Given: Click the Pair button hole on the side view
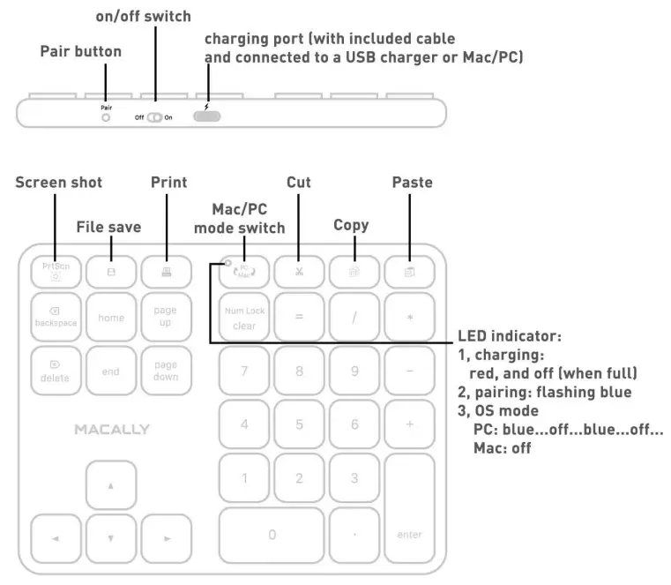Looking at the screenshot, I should click(106, 116).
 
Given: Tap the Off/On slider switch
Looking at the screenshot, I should click(154, 116).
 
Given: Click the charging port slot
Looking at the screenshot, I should click(206, 116).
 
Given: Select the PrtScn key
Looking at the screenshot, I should click(56, 271).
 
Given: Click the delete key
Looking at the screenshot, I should click(56, 371).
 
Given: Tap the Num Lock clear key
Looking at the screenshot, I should click(244, 318).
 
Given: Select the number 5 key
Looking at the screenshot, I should click(299, 424).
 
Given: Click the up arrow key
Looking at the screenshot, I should click(111, 486).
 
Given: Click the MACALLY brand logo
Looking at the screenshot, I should click(112, 430).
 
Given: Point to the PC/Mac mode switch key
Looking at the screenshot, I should click(244, 271).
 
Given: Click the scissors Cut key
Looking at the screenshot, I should click(299, 271).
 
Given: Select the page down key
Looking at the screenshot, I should click(166, 371).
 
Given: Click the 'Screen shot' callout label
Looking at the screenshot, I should click(59, 183).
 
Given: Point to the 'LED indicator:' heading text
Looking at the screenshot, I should click(510, 337).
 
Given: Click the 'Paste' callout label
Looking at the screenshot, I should click(412, 183).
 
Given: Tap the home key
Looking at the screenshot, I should click(111, 318).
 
